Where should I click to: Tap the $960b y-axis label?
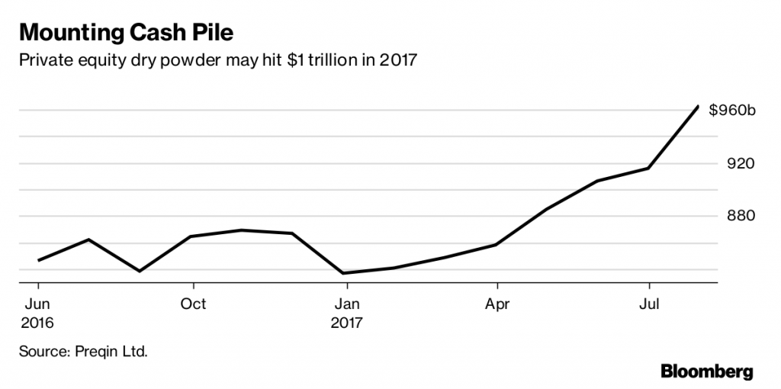(x=731, y=111)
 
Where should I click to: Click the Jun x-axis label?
(x=37, y=304)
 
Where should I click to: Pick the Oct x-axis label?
(x=194, y=304)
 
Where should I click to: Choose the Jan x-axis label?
(x=346, y=304)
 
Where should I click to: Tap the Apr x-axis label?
(x=497, y=304)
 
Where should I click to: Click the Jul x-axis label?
(x=649, y=304)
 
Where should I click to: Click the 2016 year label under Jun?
(x=37, y=323)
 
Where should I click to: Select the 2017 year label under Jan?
(x=347, y=323)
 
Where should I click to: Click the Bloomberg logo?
(x=706, y=371)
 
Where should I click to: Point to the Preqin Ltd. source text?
(x=110, y=352)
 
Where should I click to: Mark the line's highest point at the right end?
(x=698, y=106)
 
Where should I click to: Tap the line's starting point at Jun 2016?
(x=38, y=260)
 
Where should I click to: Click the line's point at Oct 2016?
(x=191, y=236)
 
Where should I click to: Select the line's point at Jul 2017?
(x=648, y=168)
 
